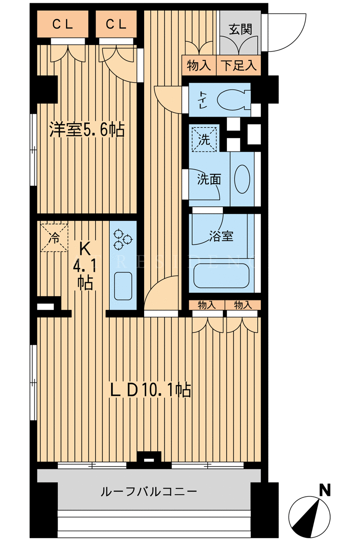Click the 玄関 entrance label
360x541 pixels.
(240, 29)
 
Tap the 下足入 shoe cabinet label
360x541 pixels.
(239, 66)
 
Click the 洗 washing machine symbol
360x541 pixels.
(204, 139)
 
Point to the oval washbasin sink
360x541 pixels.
(242, 179)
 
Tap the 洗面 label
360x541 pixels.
(209, 179)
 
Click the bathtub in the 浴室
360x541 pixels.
(221, 276)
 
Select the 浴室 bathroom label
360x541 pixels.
(221, 236)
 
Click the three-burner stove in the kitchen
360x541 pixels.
(123, 239)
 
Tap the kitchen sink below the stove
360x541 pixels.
(123, 286)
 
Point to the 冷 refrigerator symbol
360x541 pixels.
(54, 238)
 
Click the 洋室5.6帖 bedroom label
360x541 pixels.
(87, 130)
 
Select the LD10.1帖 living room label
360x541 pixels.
(150, 390)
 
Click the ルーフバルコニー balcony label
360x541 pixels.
(149, 491)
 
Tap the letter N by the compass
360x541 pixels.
(325, 490)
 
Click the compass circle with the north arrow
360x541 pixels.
(309, 516)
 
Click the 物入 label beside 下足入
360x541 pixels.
(199, 66)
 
